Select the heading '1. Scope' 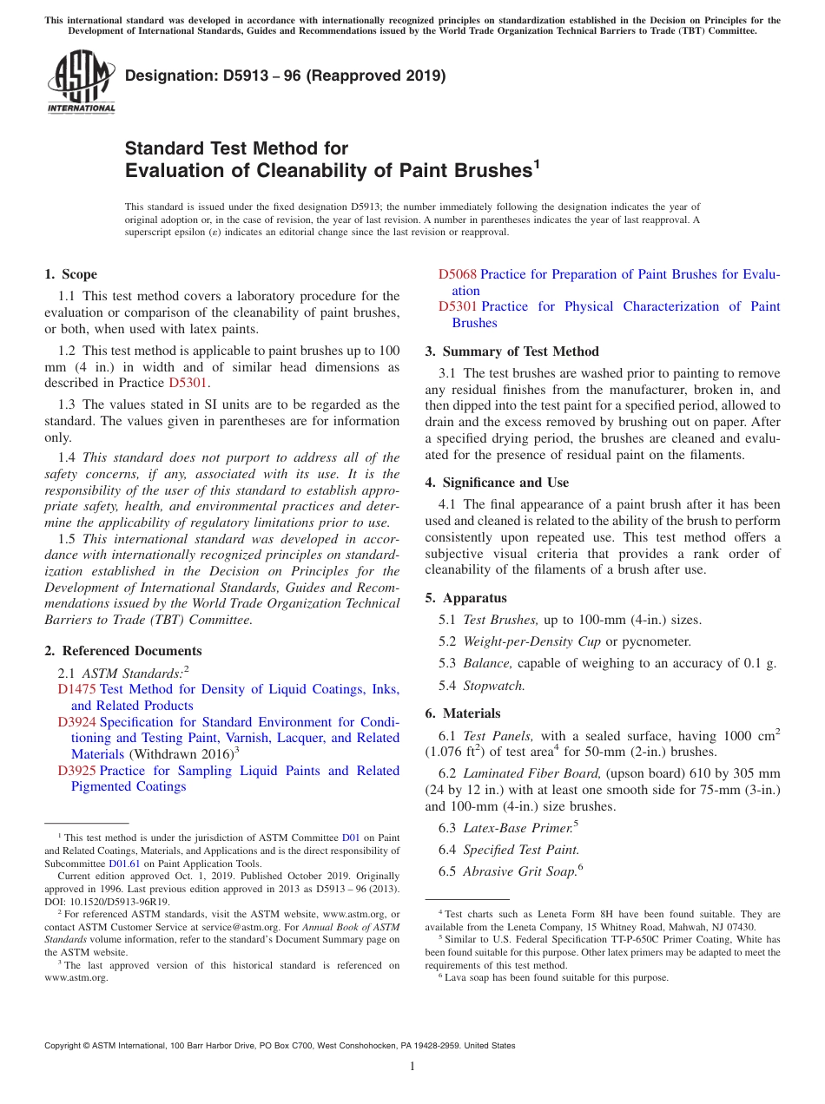[70, 274]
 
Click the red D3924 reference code [76, 722]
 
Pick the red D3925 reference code [76, 771]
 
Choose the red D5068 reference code [457, 274]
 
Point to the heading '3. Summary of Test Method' [511, 352]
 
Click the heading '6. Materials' [462, 713]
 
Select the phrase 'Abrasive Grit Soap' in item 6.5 [519, 871]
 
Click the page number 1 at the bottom [412, 1067]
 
